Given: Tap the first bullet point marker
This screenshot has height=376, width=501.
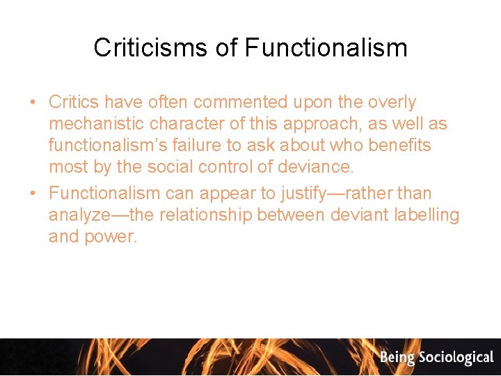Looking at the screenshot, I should coord(33,102).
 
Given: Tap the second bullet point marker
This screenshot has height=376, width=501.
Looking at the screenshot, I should coord(33,193).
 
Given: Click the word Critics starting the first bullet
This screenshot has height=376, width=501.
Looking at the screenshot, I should coord(74,102).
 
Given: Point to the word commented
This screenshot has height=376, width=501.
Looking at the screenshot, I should coord(240,102).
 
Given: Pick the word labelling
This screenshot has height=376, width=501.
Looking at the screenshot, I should coord(427,214).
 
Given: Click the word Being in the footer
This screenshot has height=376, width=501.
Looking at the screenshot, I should coord(397,358).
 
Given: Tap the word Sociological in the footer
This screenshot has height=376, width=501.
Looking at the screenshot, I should coord(456,358).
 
